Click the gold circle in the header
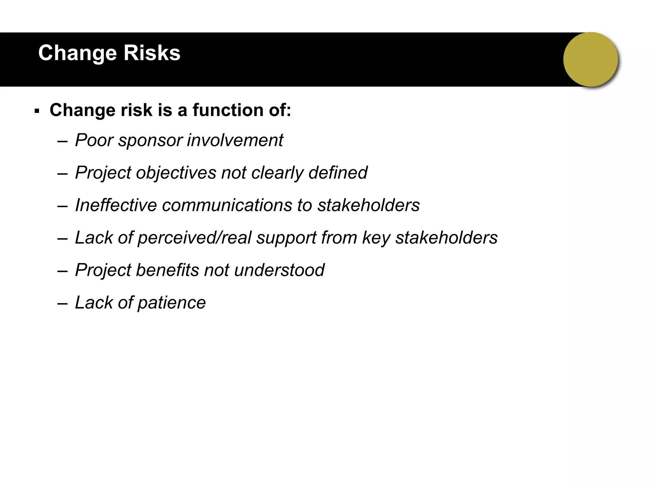pos(590,59)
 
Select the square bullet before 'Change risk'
pos(37,111)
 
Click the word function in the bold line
pos(228,110)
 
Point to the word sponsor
pos(150,140)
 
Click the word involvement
pos(235,140)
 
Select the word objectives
pos(176,173)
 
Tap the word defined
pos(338,172)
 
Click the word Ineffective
pos(116,205)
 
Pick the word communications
pos(227,205)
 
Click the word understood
pos(279,270)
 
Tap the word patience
pos(172,303)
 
